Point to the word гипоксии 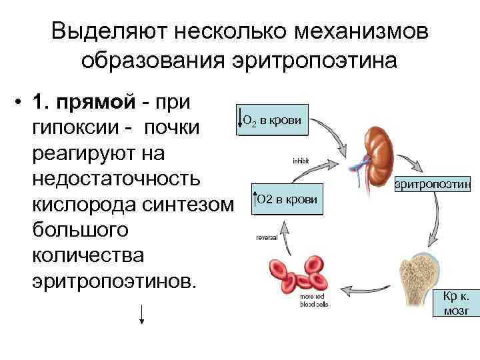point(75,127)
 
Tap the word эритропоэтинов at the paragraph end point(113,281)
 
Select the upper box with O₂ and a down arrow point(272,121)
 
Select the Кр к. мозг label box point(456,303)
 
